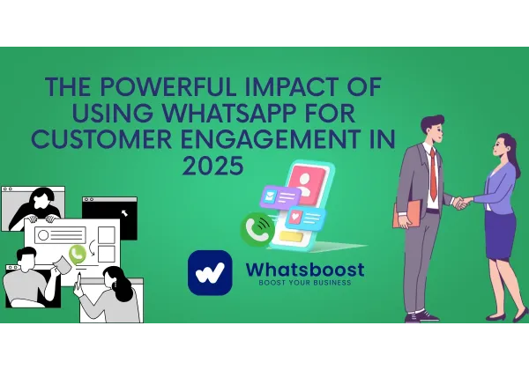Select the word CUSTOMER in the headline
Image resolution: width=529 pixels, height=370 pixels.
click(114, 139)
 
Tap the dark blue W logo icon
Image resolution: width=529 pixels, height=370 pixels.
click(210, 272)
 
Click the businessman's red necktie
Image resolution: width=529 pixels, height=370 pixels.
click(433, 172)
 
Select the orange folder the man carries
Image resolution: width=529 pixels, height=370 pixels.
click(406, 214)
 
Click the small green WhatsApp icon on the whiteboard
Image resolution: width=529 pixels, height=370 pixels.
click(78, 254)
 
